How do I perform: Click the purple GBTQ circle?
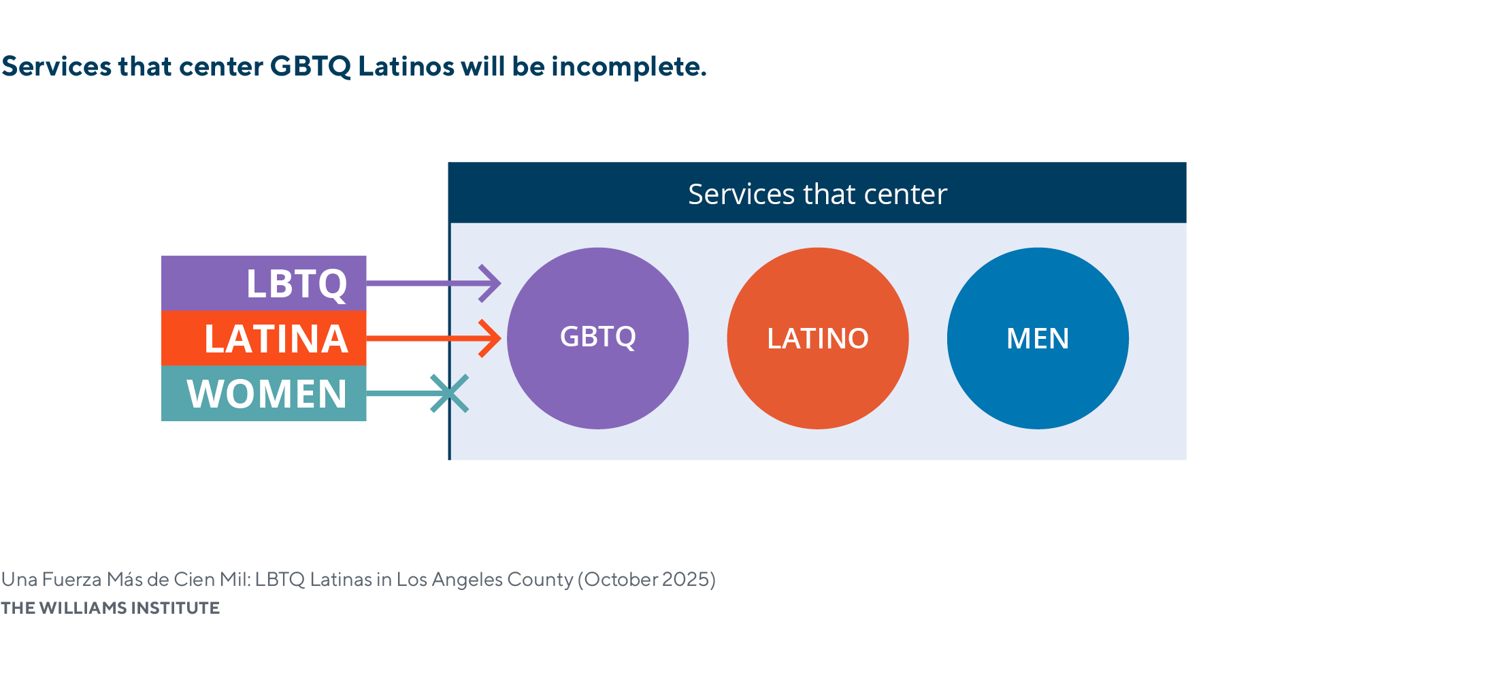tap(597, 338)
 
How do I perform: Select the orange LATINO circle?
tap(817, 338)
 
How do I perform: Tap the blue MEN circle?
tap(1038, 338)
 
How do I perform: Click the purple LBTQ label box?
tap(263, 283)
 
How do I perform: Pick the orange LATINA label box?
tap(263, 338)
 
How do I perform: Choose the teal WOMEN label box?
tap(263, 393)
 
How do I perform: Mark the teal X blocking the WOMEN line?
tap(450, 393)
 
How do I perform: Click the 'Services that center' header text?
tap(817, 194)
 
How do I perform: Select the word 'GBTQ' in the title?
tap(310, 67)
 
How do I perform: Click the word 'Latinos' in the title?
tap(406, 67)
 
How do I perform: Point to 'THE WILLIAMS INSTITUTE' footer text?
tap(110, 608)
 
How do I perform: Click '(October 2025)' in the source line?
tap(646, 579)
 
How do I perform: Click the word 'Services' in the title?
tap(56, 67)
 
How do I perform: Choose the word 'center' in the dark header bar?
tap(905, 195)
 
